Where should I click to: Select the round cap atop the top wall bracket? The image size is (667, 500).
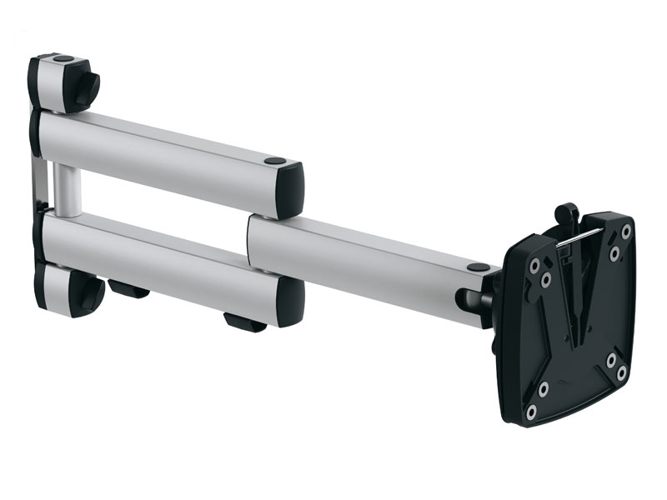click(x=63, y=59)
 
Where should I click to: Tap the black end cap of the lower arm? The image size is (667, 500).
click(x=291, y=299)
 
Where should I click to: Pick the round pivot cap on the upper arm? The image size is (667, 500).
click(x=274, y=160)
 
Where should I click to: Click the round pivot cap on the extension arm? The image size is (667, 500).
click(x=479, y=268)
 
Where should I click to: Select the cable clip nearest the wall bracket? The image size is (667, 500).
click(x=128, y=289)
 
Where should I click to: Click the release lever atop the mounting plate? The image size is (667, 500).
click(x=567, y=214)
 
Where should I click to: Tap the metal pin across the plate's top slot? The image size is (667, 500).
click(x=575, y=239)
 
